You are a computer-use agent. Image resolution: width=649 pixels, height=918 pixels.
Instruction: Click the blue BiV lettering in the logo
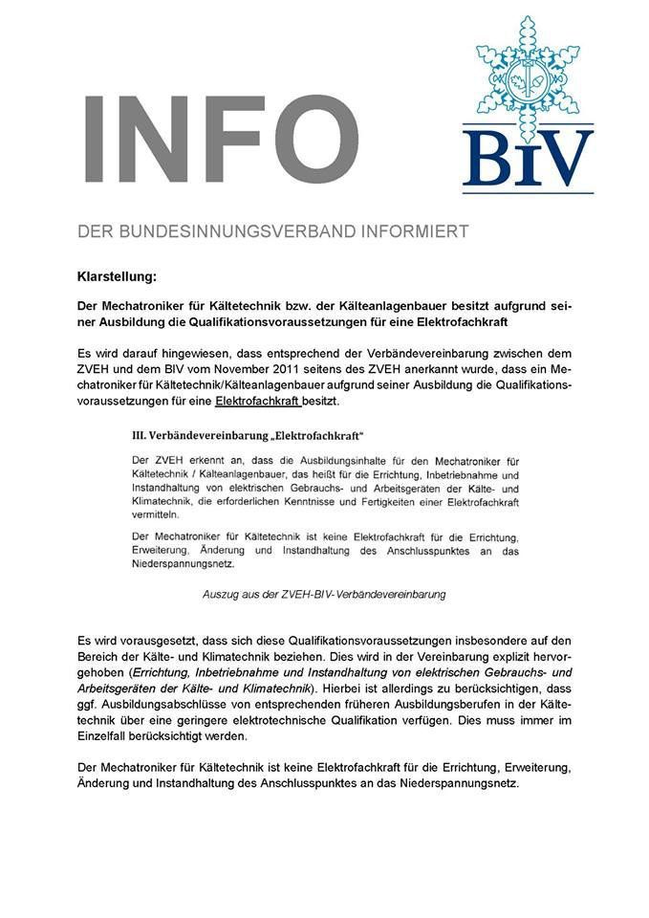528,158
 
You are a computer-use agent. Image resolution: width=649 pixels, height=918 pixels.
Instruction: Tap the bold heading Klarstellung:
117,276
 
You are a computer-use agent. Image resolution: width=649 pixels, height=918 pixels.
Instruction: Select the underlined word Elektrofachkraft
257,402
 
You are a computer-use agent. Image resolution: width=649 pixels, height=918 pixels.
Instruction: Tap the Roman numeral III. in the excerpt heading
140,435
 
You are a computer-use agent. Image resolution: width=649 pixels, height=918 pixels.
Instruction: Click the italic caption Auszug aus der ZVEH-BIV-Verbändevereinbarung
324,594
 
